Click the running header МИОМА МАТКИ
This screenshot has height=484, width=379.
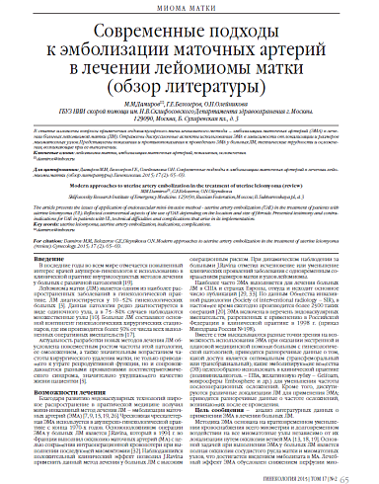tap(189, 10)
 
